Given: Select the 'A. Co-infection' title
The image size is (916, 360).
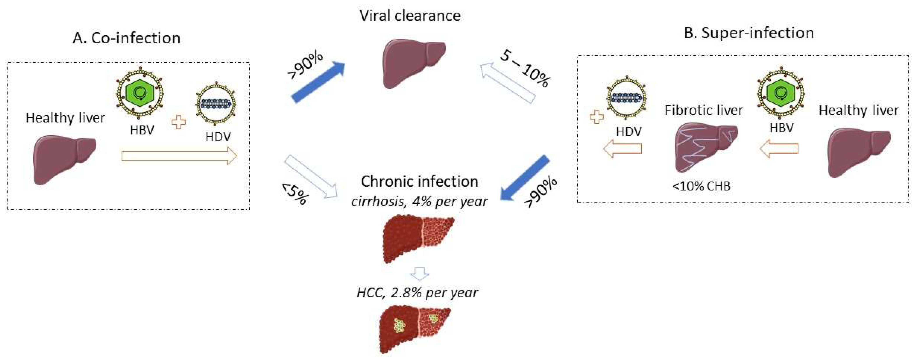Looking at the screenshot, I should pyautogui.click(x=126, y=38).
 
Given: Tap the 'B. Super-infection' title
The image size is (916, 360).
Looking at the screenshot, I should pyautogui.click(x=749, y=33).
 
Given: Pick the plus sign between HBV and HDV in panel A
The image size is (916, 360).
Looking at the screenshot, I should pyautogui.click(x=179, y=122).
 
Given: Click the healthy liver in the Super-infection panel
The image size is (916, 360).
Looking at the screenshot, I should pyautogui.click(x=858, y=151).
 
